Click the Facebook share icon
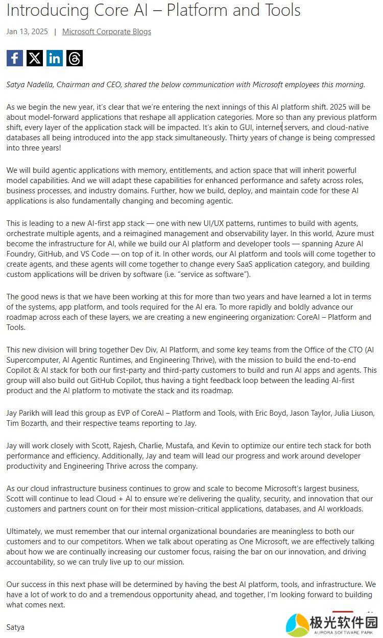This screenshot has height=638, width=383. [x=15, y=58]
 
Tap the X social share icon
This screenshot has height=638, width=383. [x=35, y=58]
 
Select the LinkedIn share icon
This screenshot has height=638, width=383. [x=55, y=58]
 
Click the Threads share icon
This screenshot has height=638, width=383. [x=75, y=58]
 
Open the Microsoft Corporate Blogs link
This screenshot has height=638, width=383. [x=107, y=32]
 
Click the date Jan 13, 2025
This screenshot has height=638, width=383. [x=27, y=32]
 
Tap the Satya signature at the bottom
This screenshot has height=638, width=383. [x=15, y=627]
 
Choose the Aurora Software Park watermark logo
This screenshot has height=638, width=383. [x=331, y=624]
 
